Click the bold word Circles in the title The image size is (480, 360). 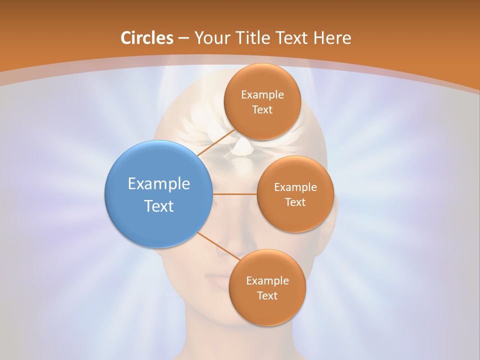147,38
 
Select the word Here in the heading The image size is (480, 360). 332,38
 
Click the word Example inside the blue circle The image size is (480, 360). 159,184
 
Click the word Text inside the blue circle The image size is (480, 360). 159,206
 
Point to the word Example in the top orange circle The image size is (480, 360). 262,95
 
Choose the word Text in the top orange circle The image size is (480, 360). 262,110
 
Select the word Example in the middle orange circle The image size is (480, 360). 295,187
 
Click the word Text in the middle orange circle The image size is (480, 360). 295,202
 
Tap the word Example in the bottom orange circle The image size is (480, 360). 267,281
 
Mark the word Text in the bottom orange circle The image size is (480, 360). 267,296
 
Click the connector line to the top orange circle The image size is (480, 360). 216,142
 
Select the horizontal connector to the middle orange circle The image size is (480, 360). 234,194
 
